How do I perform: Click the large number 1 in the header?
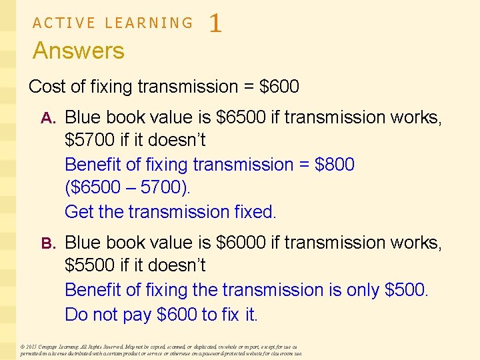pos(215,25)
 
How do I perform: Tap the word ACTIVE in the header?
pos(63,23)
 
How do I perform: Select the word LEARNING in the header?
pos(149,23)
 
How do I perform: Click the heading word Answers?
pos(78,51)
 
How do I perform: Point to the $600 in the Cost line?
pos(279,87)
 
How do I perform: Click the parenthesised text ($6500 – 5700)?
pos(127,188)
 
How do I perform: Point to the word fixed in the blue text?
pos(255,212)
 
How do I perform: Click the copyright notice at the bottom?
pos(161,350)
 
